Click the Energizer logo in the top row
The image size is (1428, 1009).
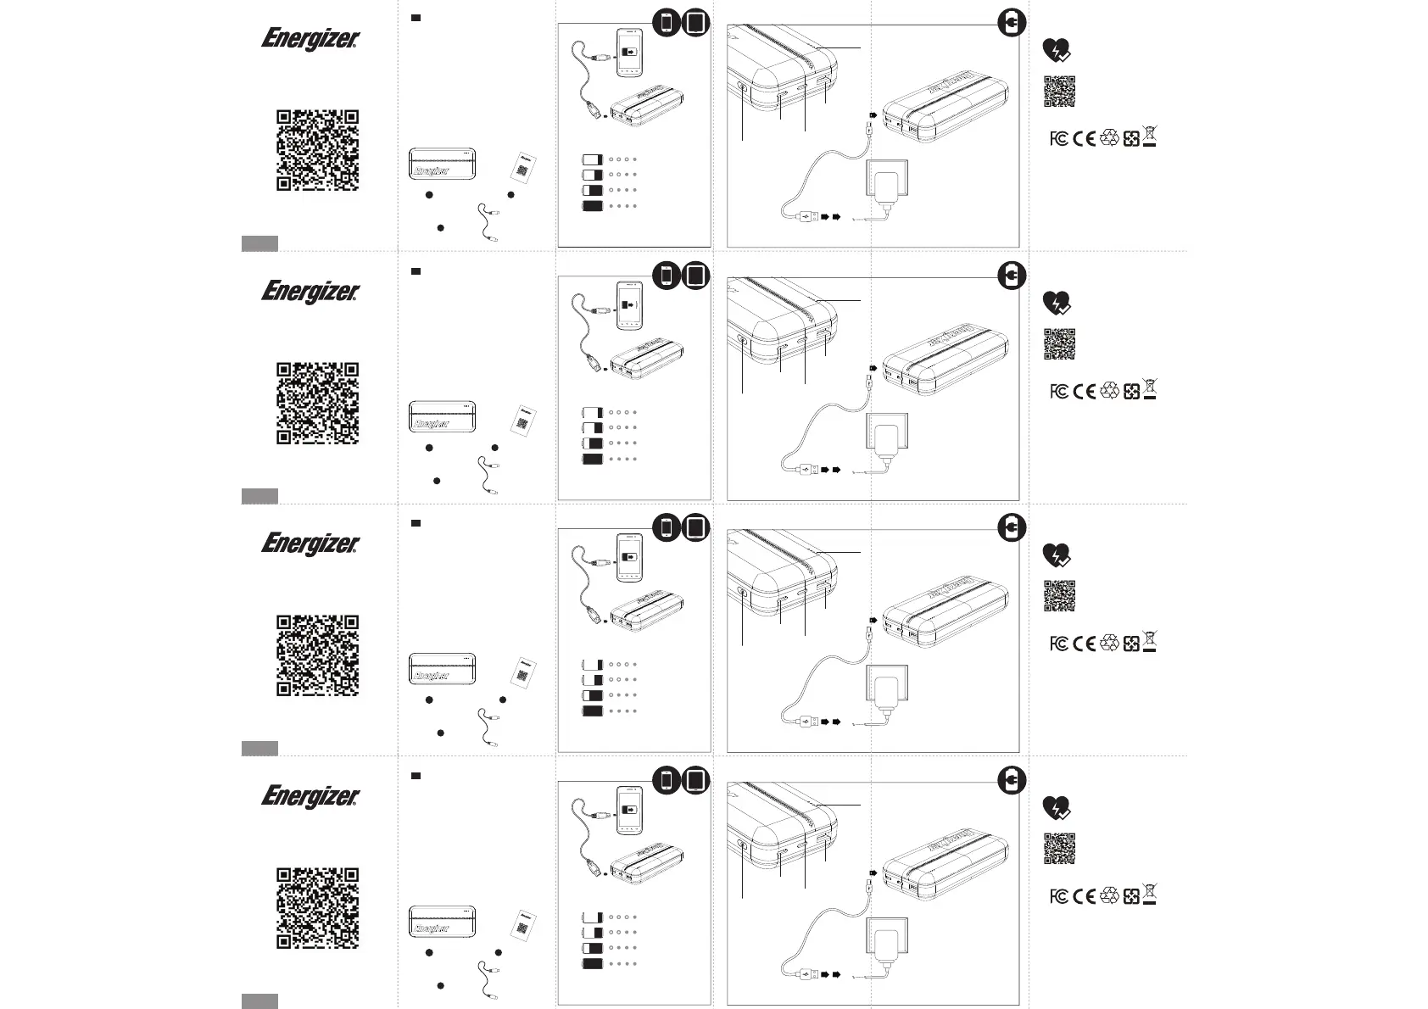pos(310,40)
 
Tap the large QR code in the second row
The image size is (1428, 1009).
pos(317,403)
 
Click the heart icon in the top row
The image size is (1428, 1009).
pos(1056,51)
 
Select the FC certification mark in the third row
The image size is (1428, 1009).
pos(1058,644)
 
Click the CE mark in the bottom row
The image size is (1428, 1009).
pos(1084,896)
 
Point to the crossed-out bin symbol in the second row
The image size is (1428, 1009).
pos(1150,389)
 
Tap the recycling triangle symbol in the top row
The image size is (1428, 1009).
pos(1109,138)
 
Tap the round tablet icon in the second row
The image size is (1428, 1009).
pos(695,276)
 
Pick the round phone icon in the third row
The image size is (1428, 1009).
pos(667,528)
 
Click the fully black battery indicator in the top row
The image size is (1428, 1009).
pos(592,206)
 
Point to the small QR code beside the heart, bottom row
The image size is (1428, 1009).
pos(1059,849)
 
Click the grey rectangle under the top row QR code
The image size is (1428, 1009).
pos(259,244)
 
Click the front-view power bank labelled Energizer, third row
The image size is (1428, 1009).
pos(442,668)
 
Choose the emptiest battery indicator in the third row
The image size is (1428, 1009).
pos(592,665)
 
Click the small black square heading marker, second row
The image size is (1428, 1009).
pos(416,271)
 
